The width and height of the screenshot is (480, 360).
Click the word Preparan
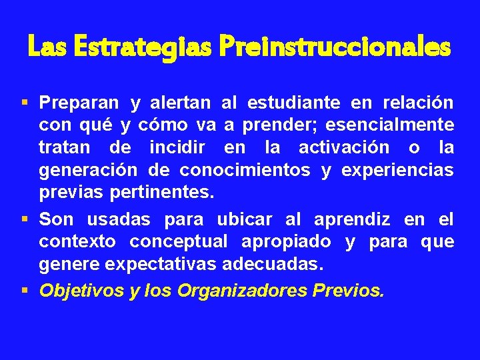tap(79, 103)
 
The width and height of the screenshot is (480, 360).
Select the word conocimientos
tap(245, 170)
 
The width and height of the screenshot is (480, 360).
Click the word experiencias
tap(397, 170)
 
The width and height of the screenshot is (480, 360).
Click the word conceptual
tap(178, 241)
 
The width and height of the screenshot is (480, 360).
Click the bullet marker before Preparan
tap(25, 103)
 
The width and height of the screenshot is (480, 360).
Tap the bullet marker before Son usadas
tap(25, 219)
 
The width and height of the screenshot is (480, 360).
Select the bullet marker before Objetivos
tap(25, 290)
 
